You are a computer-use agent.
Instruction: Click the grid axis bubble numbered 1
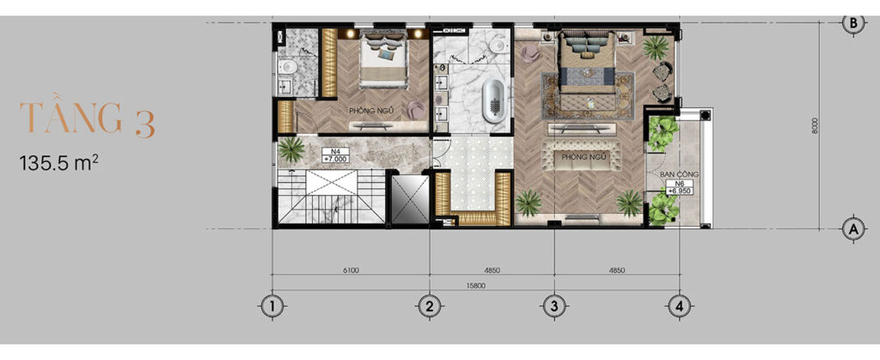coord(272,306)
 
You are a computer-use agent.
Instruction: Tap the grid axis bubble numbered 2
coord(430,306)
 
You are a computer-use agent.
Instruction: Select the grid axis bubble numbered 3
coord(554,306)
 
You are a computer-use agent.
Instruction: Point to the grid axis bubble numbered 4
coord(680,306)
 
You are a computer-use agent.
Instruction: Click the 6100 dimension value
coord(351,271)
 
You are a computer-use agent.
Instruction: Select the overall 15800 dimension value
coord(476,285)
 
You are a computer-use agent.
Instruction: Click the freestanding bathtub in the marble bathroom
coord(493,101)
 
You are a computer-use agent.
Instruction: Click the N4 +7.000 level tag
coord(336,156)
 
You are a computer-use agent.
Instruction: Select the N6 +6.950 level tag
coord(679,187)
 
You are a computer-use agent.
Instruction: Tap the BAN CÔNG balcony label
coord(679,174)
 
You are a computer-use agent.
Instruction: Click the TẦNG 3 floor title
coord(87,119)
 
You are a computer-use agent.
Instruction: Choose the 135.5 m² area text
coord(59,163)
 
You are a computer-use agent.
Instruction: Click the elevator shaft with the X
coord(410,199)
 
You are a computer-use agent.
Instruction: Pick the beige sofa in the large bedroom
coord(582,156)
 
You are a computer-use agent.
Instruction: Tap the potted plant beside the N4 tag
coord(291,149)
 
